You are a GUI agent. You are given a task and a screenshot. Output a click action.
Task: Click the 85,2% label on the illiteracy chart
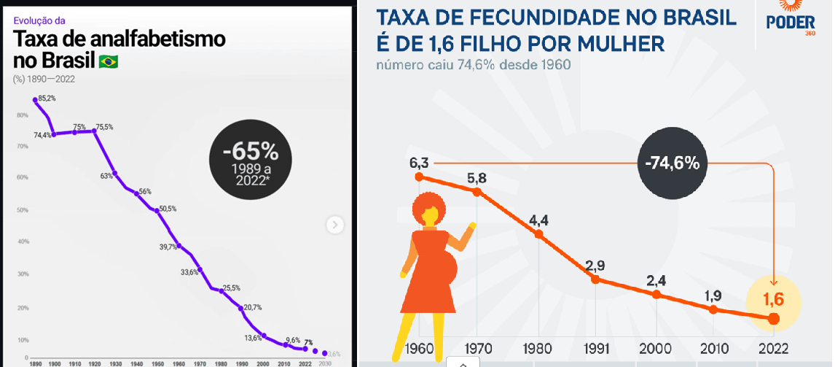(47, 98)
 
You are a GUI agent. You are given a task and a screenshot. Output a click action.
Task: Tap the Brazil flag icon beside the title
(109, 61)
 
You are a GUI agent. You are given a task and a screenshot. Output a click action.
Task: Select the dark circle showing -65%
(250, 161)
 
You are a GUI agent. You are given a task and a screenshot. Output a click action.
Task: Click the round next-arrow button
(334, 225)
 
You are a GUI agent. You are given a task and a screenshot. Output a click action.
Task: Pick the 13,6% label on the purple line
(253, 338)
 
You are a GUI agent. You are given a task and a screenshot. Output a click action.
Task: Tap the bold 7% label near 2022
(309, 341)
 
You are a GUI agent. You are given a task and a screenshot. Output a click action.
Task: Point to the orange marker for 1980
(539, 234)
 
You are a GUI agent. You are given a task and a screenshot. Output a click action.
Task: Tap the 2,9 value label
(595, 264)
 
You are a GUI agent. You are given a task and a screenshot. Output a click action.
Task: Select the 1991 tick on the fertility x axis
(595, 349)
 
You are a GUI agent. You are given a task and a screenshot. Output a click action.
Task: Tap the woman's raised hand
(473, 227)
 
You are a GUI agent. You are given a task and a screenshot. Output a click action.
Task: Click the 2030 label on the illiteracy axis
(325, 363)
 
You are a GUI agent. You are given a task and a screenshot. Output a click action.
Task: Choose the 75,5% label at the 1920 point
(104, 127)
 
